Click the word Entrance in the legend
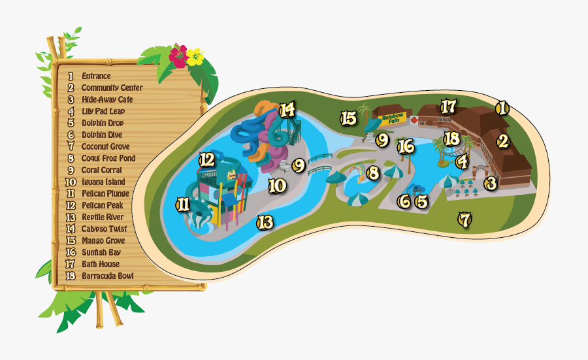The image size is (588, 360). (x=96, y=76)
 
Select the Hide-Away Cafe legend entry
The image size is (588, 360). (x=107, y=100)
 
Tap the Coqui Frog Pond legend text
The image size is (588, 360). (x=108, y=159)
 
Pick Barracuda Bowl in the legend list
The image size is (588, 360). (x=107, y=276)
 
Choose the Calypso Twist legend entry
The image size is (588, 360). (x=104, y=229)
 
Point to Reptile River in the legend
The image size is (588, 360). (x=102, y=217)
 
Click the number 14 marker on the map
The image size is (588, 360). (x=287, y=109)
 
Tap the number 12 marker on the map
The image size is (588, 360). (x=206, y=159)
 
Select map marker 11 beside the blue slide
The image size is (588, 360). (x=183, y=205)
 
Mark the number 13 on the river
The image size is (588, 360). (x=264, y=222)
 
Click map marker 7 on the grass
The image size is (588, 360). (x=465, y=220)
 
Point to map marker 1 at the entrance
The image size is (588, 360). (x=502, y=108)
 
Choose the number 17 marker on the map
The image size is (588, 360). (x=448, y=106)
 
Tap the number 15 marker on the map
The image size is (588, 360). (x=348, y=118)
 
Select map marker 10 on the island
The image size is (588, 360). (x=277, y=186)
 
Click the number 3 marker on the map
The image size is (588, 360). (x=491, y=184)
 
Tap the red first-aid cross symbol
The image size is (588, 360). (x=414, y=120)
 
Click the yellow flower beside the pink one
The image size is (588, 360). (x=195, y=57)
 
